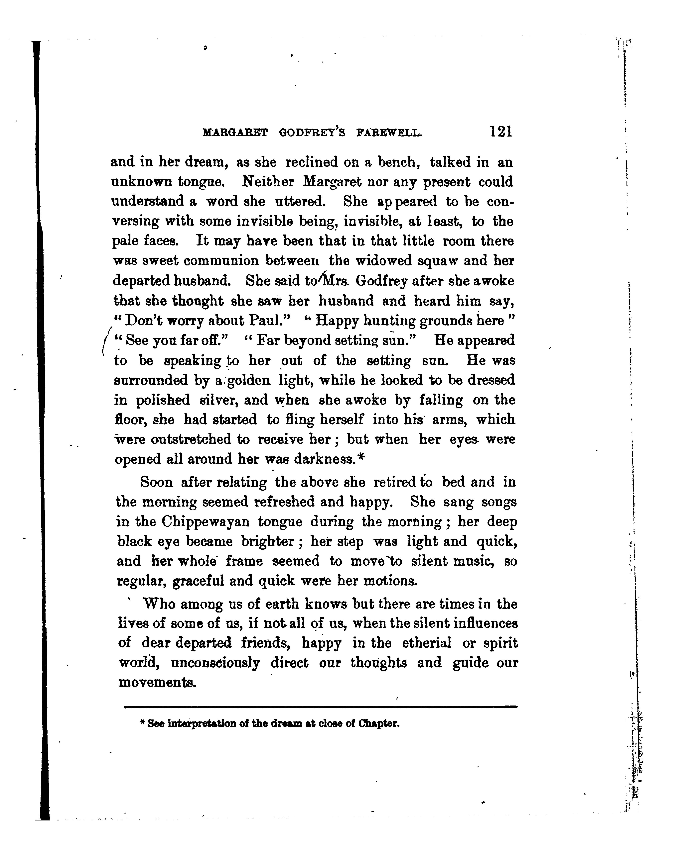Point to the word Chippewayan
(x=205, y=522)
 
